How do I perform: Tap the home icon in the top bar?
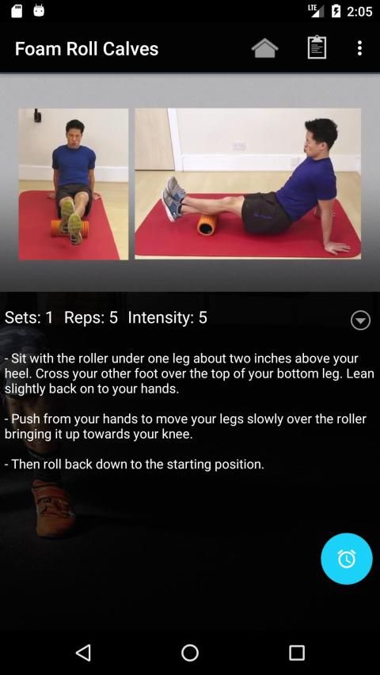[264, 48]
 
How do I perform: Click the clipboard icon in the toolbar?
[317, 47]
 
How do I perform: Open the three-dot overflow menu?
[359, 48]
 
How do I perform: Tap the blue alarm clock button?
[347, 559]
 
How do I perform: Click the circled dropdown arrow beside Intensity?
[360, 320]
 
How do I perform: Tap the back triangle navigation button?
[83, 652]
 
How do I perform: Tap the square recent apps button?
[296, 652]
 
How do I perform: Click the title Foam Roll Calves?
[86, 48]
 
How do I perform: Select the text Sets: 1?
[28, 317]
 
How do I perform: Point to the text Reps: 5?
[91, 317]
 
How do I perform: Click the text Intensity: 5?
[168, 317]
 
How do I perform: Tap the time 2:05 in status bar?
[359, 11]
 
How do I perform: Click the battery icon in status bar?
[336, 11]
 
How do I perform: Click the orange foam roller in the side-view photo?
[207, 225]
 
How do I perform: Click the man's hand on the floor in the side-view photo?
[337, 247]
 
